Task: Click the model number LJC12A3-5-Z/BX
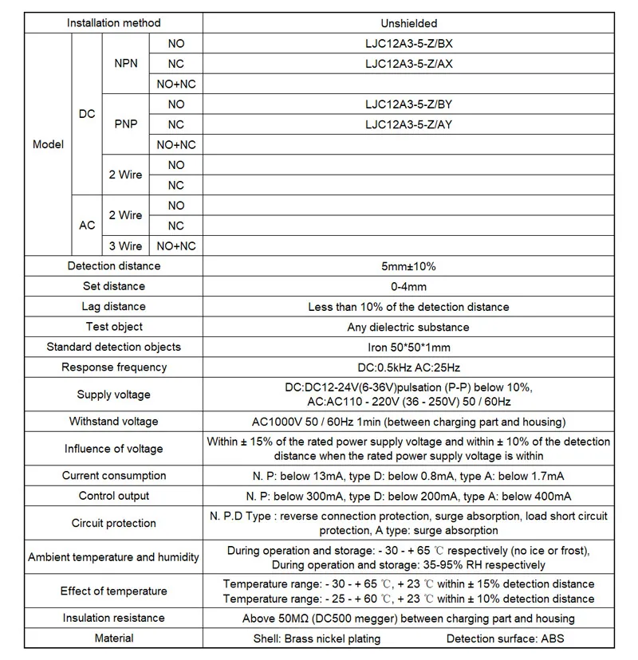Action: (408, 44)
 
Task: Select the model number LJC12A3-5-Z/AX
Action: (408, 64)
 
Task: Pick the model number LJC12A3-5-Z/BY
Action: (408, 104)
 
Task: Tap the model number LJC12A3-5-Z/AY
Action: (408, 124)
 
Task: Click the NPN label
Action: (125, 64)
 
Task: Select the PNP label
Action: (125, 124)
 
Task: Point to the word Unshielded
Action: (408, 23)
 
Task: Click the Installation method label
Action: (113, 23)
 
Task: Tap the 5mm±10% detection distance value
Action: (408, 266)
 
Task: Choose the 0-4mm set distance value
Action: (408, 286)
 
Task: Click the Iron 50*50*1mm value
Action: (408, 348)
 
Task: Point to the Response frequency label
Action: (114, 367)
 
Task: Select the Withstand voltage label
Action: (114, 422)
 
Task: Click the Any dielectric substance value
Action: (408, 327)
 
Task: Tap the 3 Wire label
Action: (125, 246)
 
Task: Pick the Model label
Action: (48, 145)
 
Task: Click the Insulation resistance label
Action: (114, 619)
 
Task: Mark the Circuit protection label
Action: (114, 524)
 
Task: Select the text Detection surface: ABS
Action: (507, 638)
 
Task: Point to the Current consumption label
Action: (114, 476)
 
